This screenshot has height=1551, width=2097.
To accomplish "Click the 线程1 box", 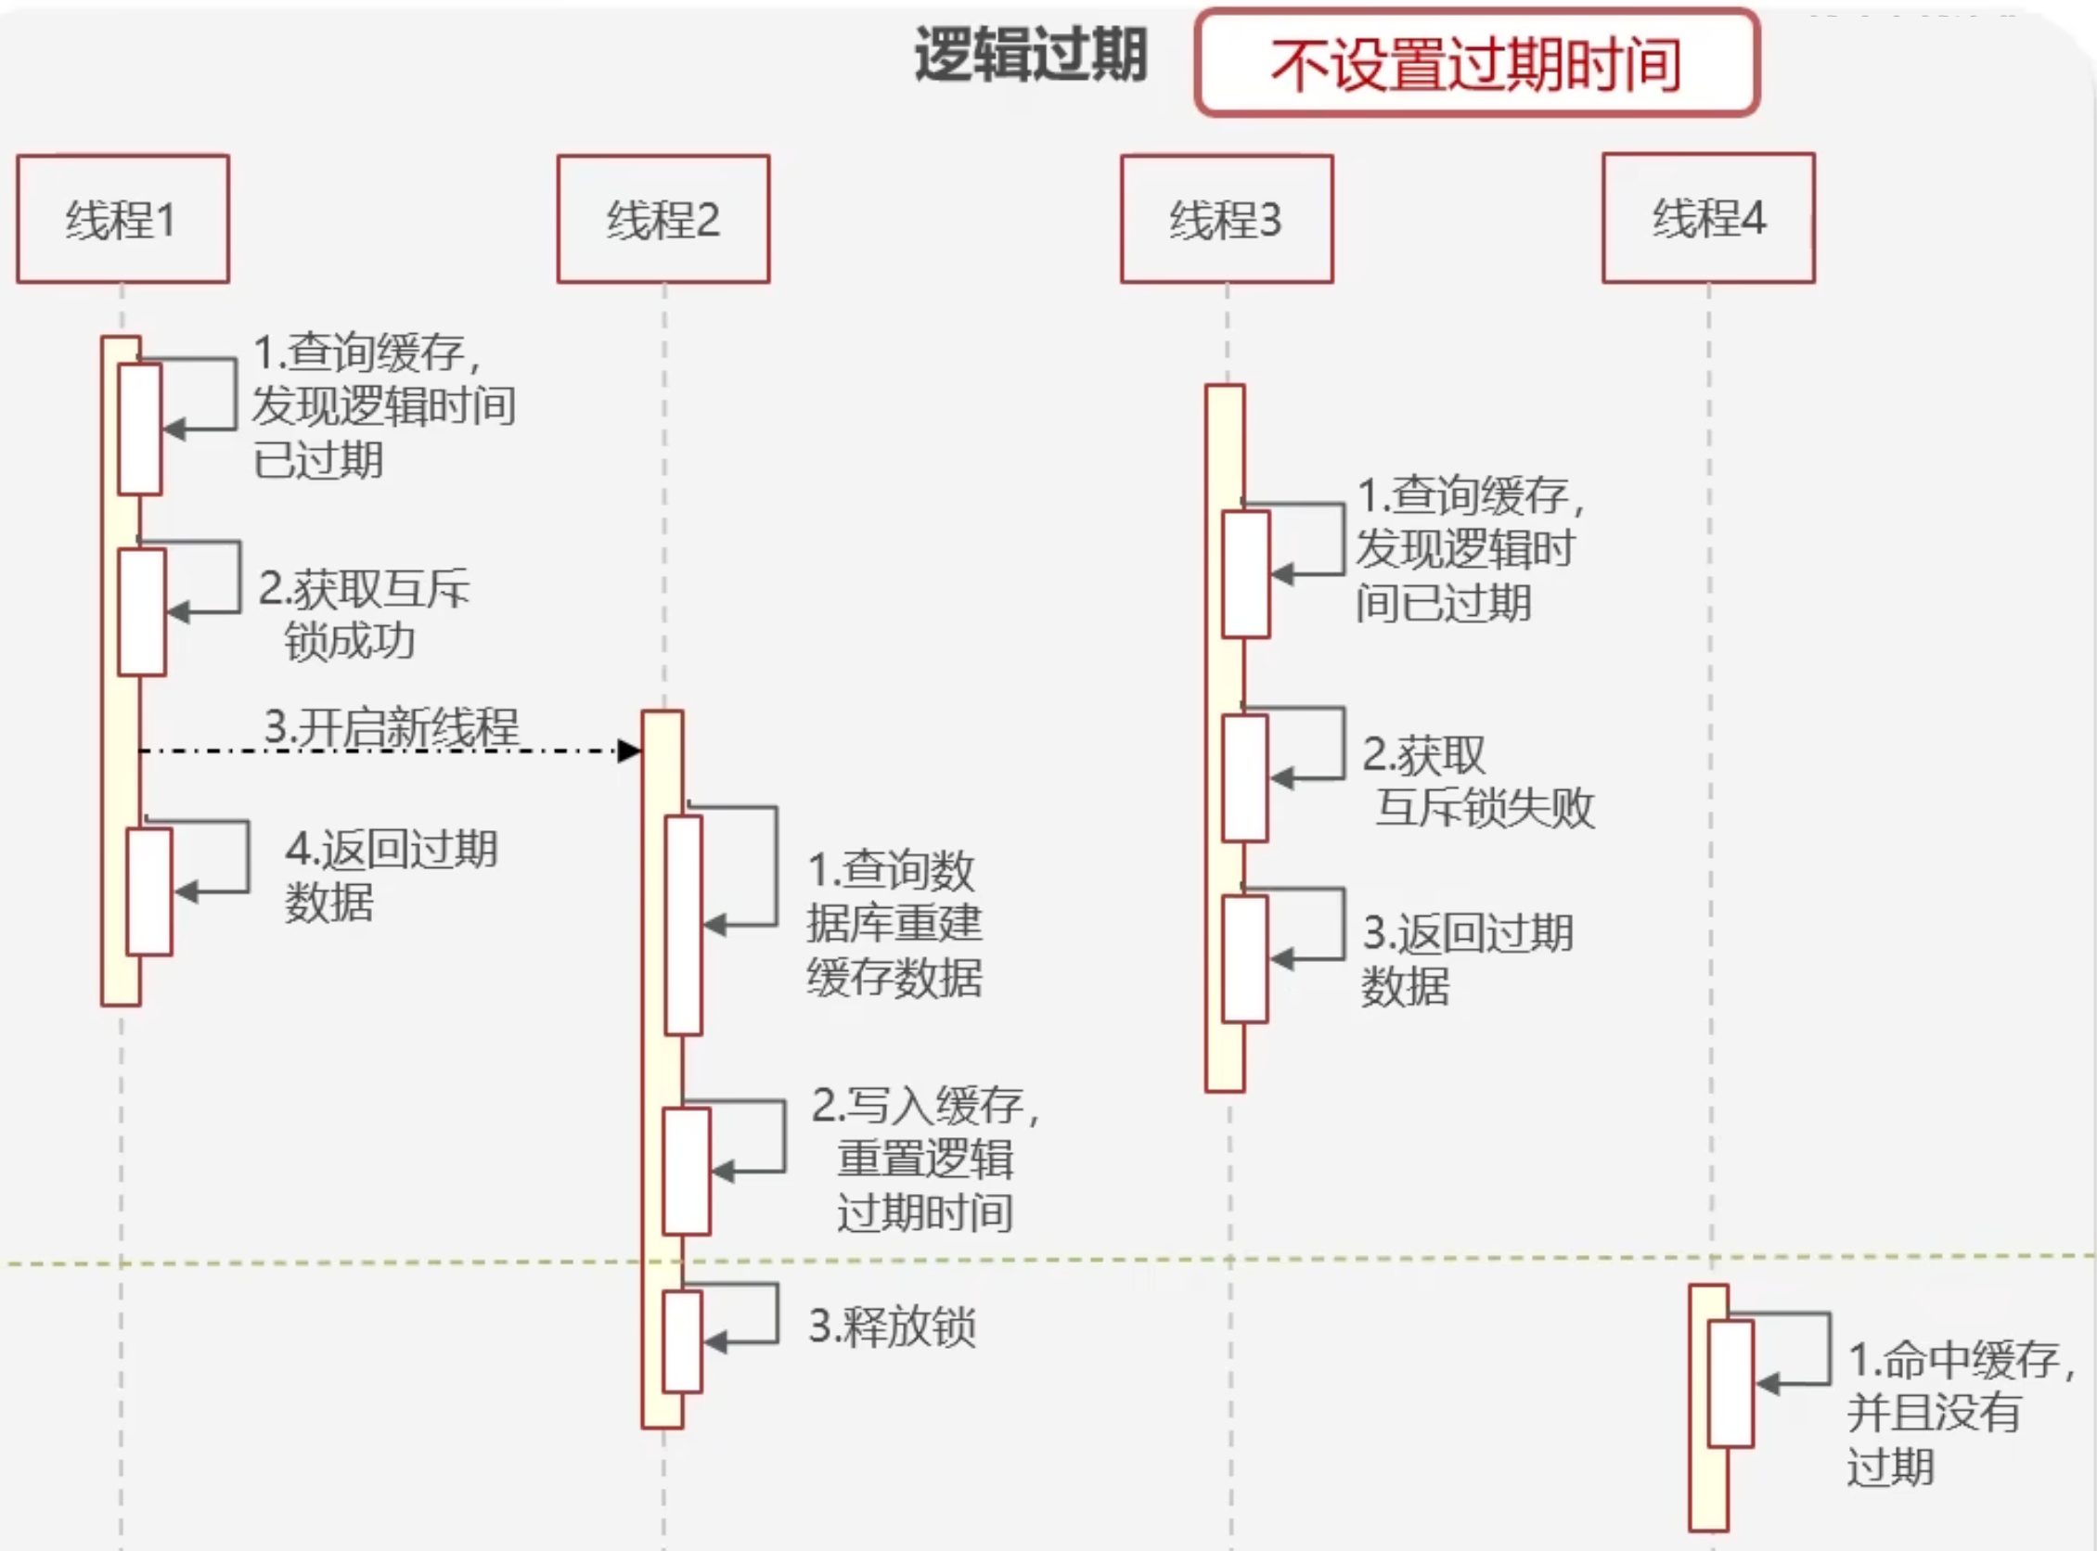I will tap(122, 219).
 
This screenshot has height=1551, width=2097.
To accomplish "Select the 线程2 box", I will tap(663, 219).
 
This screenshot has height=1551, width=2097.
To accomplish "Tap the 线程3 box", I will tap(1227, 219).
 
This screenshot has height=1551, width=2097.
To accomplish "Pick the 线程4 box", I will tap(1708, 218).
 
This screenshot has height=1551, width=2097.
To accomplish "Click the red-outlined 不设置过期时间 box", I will tap(1476, 63).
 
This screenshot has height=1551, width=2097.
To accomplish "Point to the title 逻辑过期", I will tap(1030, 55).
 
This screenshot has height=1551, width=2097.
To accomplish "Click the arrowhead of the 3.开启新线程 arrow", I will tap(629, 750).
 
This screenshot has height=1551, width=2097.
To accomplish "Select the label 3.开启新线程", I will tap(391, 726).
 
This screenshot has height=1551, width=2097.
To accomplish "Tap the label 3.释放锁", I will tap(892, 1327).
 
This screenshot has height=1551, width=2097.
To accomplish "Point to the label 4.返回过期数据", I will tap(390, 875).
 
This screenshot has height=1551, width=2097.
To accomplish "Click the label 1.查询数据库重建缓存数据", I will tap(894, 923).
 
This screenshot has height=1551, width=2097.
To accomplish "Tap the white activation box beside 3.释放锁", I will tap(682, 1340).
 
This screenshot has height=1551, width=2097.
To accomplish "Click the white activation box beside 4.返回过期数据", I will tap(149, 891).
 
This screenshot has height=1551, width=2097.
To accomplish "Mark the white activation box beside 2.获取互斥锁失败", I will tap(1245, 777).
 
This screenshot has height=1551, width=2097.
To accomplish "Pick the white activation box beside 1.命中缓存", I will tap(1730, 1383).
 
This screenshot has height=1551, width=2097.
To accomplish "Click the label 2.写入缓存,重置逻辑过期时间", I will tap(925, 1159).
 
